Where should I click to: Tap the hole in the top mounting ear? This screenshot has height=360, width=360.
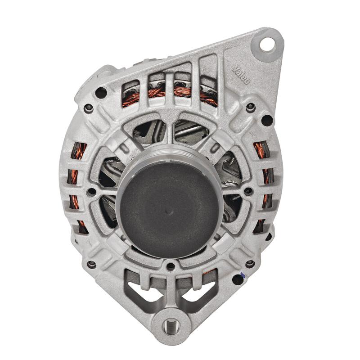tap(269, 44)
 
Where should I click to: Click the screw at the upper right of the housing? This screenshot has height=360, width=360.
tap(251, 107)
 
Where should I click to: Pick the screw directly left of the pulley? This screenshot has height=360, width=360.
tap(91, 192)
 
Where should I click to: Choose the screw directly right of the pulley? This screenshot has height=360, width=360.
tap(247, 191)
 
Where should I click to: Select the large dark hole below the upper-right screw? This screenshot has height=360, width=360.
tap(267, 120)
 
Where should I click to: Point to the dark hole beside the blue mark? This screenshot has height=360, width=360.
tap(237, 279)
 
